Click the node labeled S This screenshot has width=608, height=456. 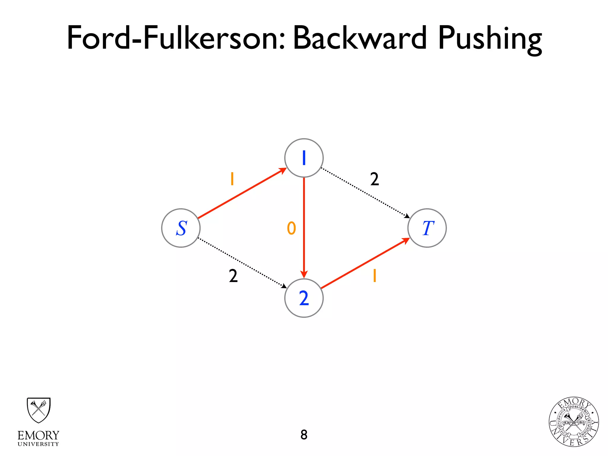click(x=181, y=228)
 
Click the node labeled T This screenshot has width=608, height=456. click(x=427, y=228)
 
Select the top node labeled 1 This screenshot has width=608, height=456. click(x=304, y=158)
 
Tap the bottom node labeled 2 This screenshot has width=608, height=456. click(x=304, y=298)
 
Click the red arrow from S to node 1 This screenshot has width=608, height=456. click(x=242, y=193)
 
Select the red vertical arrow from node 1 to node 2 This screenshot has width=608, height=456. click(x=304, y=226)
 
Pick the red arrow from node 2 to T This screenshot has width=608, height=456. click(x=365, y=263)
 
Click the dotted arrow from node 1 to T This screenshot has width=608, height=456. click(x=365, y=193)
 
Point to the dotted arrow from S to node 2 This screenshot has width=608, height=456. click(x=242, y=263)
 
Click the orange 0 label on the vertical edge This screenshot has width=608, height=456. click(x=292, y=228)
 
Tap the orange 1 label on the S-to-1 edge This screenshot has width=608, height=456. click(x=232, y=179)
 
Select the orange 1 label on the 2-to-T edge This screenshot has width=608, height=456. click(x=375, y=276)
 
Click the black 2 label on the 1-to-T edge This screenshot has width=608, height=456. click(x=375, y=179)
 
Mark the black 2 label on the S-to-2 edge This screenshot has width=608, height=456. click(x=233, y=276)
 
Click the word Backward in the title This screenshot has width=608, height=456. click(x=360, y=38)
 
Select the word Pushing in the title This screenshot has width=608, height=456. click(x=490, y=39)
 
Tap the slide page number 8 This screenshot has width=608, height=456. click(x=304, y=435)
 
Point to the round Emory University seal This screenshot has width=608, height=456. click(x=574, y=422)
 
